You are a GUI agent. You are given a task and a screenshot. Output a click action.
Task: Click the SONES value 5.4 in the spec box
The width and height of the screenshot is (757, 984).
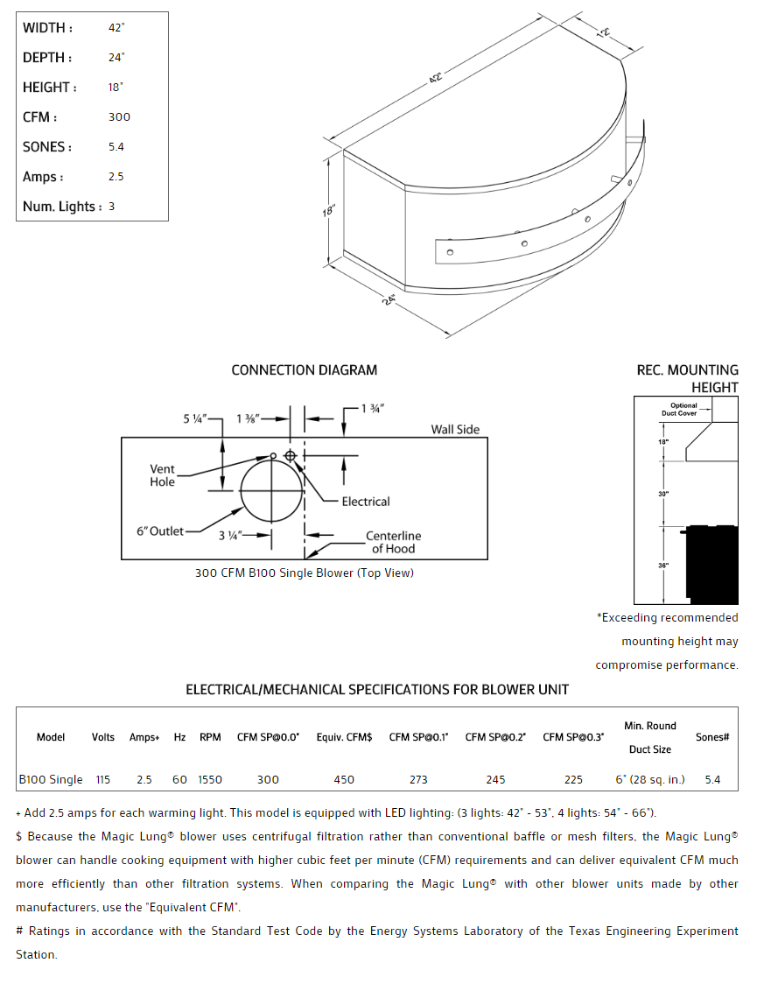click(116, 147)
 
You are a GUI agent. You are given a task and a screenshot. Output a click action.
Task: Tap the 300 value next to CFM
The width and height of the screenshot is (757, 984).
click(119, 117)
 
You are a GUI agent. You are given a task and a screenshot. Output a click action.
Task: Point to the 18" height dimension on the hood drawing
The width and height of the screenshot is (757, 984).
click(329, 210)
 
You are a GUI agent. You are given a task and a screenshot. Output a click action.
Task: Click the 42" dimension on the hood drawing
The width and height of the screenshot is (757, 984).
click(435, 79)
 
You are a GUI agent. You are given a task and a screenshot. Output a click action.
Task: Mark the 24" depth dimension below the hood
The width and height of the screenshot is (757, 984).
click(389, 299)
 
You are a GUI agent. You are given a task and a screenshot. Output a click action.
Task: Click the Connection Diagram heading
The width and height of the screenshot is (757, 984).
click(304, 370)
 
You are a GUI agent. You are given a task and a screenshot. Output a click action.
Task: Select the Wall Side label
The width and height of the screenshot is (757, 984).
click(455, 430)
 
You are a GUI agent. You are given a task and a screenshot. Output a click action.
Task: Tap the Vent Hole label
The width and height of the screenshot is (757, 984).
click(162, 475)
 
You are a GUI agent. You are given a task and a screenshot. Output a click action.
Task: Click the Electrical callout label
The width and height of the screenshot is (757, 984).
click(366, 502)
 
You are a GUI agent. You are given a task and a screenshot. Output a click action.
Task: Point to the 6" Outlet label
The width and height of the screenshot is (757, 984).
click(160, 531)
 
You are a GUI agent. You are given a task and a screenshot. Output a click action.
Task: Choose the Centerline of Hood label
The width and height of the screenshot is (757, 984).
click(393, 542)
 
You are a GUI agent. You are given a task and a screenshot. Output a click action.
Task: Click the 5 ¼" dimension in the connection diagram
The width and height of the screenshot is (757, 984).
click(194, 419)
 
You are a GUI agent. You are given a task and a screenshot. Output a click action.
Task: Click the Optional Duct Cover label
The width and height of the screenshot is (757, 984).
click(683, 409)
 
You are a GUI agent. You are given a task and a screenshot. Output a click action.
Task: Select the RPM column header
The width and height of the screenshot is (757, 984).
click(210, 737)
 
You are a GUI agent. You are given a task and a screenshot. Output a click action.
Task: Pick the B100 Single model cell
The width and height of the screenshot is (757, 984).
click(51, 779)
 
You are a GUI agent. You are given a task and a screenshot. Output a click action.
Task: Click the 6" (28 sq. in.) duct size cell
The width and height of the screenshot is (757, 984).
click(650, 779)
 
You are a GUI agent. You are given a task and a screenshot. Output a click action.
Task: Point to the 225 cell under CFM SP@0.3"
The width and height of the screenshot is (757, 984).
click(573, 779)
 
